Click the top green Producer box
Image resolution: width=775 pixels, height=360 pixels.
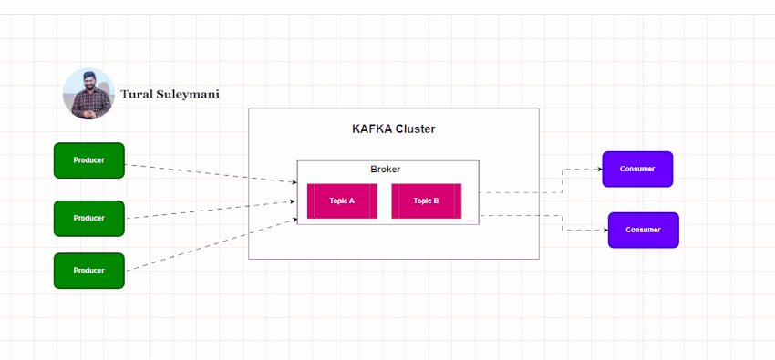[88, 160]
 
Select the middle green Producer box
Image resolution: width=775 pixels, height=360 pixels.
[88, 219]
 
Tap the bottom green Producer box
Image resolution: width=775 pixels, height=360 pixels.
[88, 271]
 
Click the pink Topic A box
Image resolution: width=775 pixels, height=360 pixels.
[342, 201]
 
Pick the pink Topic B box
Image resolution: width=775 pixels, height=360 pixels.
[426, 201]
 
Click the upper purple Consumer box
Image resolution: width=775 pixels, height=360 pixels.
[637, 170]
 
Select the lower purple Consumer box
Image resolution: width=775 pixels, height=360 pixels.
[643, 230]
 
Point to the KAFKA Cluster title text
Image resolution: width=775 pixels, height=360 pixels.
[393, 129]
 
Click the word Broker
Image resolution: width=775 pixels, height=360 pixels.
[385, 170]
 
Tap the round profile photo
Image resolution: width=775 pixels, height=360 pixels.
[88, 94]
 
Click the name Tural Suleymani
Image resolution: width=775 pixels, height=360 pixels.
[170, 94]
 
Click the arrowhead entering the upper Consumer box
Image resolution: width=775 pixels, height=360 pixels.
[598, 169]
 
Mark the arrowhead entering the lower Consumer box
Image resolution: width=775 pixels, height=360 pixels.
[604, 230]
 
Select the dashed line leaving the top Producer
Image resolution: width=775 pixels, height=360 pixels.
[210, 174]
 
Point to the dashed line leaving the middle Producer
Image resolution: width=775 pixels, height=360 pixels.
[210, 210]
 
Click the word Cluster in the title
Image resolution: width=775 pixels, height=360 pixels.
[415, 129]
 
